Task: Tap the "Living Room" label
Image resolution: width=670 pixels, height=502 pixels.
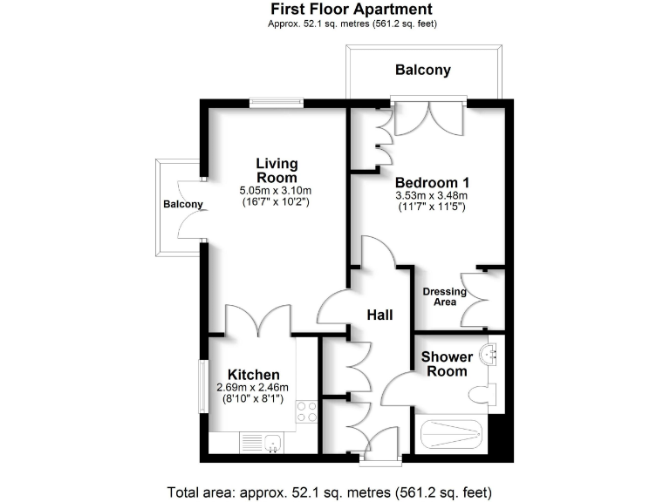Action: pos(277,170)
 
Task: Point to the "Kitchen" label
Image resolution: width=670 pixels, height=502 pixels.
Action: pos(254,374)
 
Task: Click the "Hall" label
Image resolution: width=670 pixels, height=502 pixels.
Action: pos(379,315)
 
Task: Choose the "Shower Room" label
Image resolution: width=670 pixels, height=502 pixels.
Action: pos(448,363)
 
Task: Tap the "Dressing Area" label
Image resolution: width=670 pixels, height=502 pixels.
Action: pos(445,296)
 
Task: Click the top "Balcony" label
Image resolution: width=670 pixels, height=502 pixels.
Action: pos(423,70)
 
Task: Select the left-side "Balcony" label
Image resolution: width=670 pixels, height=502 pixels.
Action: pos(182,205)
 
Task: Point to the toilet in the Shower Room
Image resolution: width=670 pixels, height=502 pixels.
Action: pos(482,395)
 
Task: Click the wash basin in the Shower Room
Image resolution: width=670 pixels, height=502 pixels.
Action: pos(490,353)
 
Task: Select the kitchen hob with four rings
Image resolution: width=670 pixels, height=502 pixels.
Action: pos(306,411)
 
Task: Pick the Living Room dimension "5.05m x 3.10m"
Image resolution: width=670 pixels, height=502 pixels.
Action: pos(276,190)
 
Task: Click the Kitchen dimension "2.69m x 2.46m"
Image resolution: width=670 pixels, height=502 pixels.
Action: pos(252,388)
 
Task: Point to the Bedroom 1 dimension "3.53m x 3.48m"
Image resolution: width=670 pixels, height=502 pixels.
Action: pos(431,196)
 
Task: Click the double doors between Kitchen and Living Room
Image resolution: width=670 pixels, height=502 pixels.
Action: pos(257,321)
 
